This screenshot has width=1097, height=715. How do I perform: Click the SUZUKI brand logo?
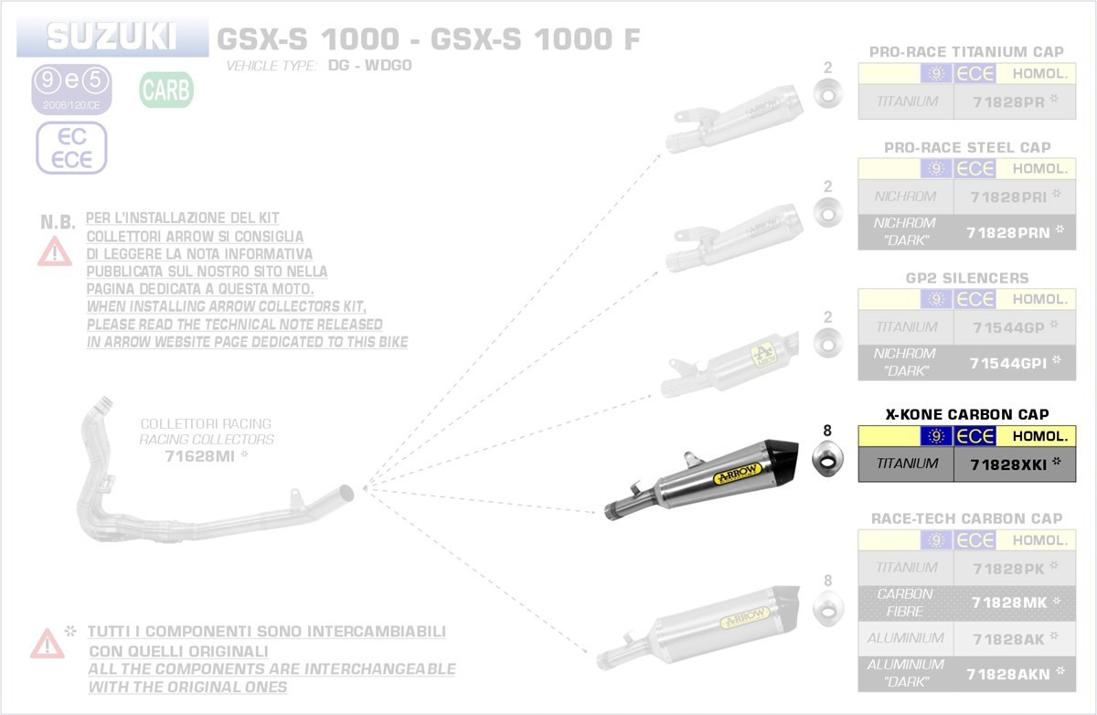click(112, 37)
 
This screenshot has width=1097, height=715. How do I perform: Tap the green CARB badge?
click(165, 91)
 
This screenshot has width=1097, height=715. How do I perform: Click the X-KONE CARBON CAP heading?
click(967, 414)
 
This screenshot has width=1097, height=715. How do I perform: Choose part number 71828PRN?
click(1006, 233)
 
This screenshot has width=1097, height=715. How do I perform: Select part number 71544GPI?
click(1006, 364)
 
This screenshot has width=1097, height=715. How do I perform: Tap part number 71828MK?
click(1006, 603)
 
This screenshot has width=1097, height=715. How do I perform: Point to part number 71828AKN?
click(1006, 675)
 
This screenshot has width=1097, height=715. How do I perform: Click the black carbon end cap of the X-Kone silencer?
click(786, 451)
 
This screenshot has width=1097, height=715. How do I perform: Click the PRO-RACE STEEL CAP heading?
click(967, 147)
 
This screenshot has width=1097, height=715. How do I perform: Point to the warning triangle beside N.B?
click(55, 250)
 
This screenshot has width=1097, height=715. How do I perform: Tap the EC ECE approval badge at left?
click(71, 148)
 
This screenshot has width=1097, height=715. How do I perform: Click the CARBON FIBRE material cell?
click(905, 603)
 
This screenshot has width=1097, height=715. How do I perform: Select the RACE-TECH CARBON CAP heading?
click(967, 518)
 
